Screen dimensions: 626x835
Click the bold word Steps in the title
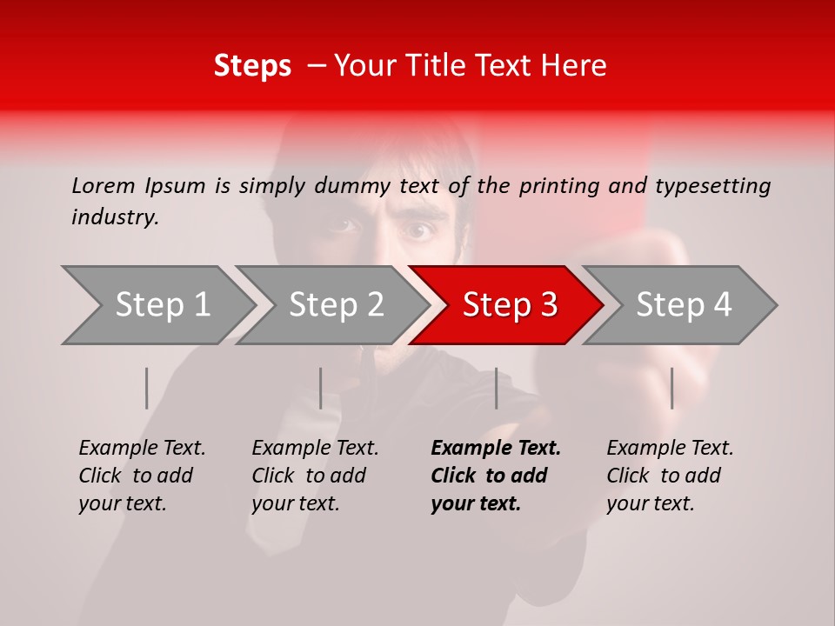252,66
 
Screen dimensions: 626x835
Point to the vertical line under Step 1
147,388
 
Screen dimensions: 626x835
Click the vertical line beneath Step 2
321,388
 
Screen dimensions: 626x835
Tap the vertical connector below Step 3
496,388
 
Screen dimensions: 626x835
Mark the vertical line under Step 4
671,388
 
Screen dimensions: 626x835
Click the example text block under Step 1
142,476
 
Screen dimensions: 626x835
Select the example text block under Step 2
315,476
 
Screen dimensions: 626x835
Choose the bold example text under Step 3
496,476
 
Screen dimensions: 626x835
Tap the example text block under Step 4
670,476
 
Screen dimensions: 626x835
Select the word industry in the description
114,217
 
